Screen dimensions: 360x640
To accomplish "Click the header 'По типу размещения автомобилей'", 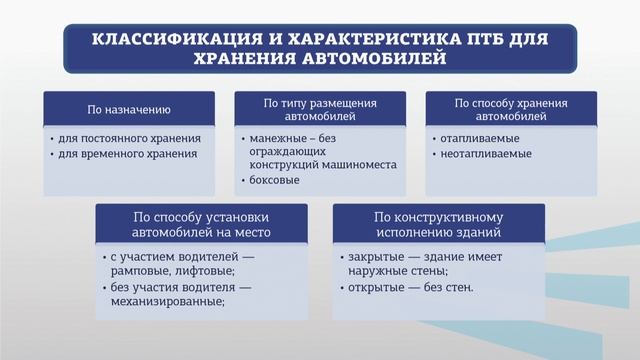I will point(320,108).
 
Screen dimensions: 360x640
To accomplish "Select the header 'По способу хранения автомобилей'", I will point(511,108).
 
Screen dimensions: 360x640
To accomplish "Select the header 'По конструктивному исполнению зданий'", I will point(438,224).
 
